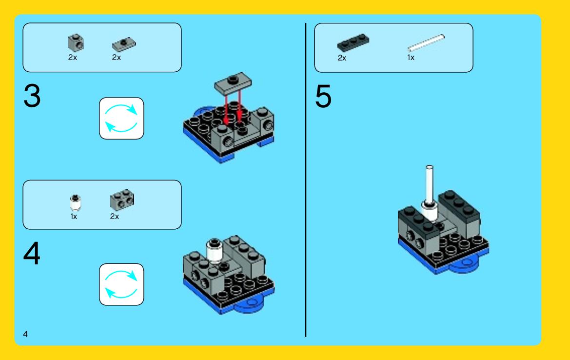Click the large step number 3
[32, 96]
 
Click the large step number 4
[32, 254]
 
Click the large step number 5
[323, 96]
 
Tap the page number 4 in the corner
[25, 334]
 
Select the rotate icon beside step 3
[121, 118]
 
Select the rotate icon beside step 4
[121, 284]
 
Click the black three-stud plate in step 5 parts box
[353, 42]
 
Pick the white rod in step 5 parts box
[426, 43]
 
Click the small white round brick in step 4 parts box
[75, 202]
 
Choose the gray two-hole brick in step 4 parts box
[122, 200]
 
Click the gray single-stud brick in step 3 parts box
[76, 43]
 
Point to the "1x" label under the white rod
[411, 58]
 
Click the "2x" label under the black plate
[342, 58]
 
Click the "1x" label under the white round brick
[74, 217]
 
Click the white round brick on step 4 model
[215, 250]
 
